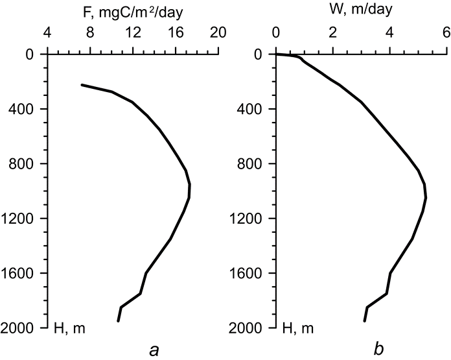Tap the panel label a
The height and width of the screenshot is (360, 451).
tap(154, 351)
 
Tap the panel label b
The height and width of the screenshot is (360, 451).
tap(379, 350)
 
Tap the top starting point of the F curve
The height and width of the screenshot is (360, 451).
tap(82, 85)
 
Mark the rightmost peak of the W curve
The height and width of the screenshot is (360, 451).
tap(426, 198)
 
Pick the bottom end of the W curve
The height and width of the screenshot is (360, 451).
tap(364, 320)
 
